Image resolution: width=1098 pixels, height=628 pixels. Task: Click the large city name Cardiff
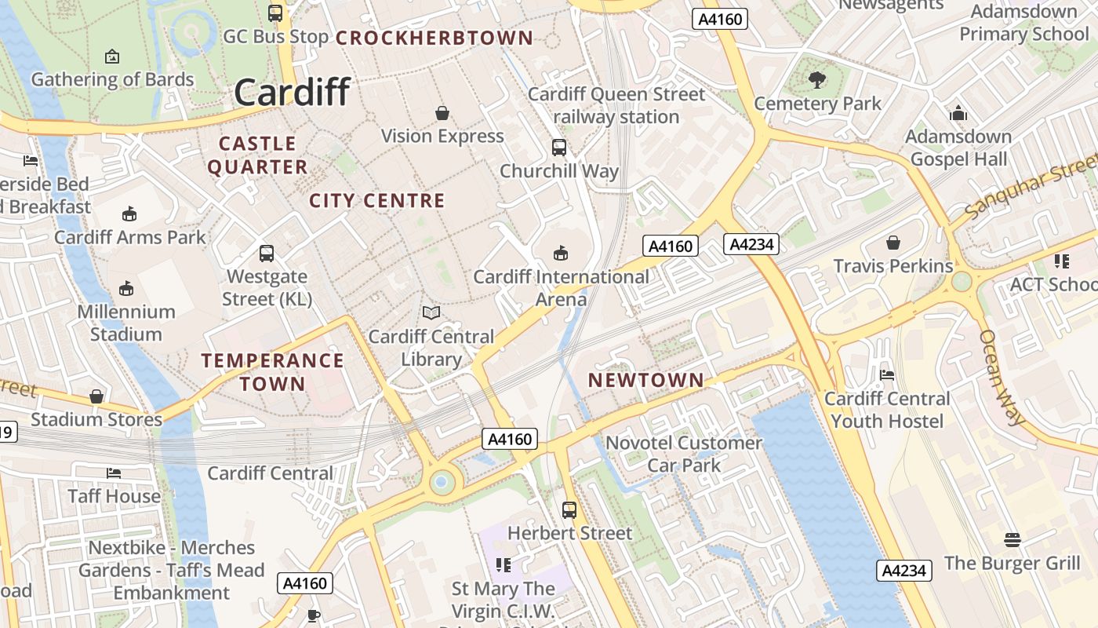(292, 93)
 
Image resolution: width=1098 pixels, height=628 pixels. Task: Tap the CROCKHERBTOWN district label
(434, 38)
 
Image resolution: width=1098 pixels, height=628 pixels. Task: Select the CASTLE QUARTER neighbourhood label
(257, 155)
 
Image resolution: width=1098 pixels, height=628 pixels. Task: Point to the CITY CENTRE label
(377, 201)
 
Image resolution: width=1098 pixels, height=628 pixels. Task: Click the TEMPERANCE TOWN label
(272, 372)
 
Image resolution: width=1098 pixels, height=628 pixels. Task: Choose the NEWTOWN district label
(646, 380)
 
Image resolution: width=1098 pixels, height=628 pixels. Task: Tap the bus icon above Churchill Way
(559, 147)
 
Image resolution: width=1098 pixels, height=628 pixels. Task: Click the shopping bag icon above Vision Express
(442, 113)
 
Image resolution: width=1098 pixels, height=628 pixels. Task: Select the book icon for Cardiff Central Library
(431, 313)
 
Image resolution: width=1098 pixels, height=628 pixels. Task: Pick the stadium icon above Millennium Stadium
(126, 288)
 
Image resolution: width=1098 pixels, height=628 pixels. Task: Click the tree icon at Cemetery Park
(817, 79)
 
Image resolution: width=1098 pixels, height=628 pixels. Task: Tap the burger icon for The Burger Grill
(1013, 540)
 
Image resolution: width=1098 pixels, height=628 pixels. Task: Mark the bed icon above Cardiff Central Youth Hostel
(887, 374)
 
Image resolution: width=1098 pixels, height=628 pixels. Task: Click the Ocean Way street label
(1002, 377)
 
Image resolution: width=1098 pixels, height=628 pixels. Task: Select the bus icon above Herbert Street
(569, 509)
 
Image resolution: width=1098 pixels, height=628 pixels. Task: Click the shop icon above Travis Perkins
(893, 243)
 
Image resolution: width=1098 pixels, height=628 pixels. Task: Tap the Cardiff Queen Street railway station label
(616, 105)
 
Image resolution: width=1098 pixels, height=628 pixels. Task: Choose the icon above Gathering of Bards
(112, 57)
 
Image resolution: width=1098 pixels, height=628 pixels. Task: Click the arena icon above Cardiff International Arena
(561, 253)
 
